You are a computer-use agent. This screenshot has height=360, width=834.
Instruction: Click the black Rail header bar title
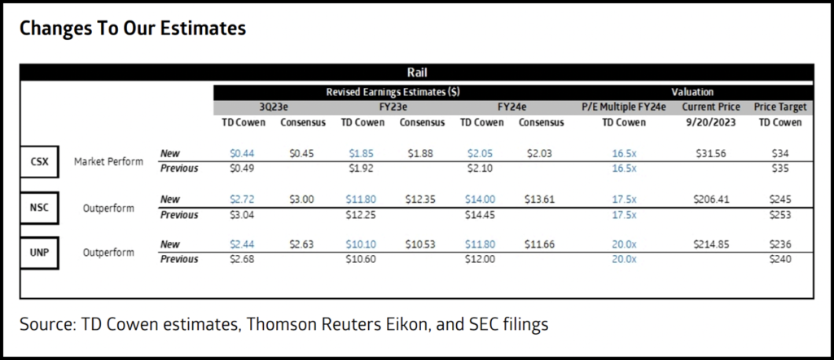point(416,72)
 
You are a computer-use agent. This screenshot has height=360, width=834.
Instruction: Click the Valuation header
point(693,92)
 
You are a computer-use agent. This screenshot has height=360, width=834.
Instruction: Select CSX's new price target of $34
point(781,152)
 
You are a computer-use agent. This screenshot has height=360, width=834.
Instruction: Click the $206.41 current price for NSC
point(713,198)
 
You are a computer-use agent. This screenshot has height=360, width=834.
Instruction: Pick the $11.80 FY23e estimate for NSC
point(361,198)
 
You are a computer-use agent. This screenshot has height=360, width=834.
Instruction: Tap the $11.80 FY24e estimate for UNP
point(480,244)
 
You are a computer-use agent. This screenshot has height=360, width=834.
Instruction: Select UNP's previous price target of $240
point(781,259)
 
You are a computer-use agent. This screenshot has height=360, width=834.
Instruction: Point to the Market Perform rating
point(108,161)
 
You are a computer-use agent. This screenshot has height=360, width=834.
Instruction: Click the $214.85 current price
point(713,244)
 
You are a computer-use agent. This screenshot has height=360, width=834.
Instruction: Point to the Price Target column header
point(781,107)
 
